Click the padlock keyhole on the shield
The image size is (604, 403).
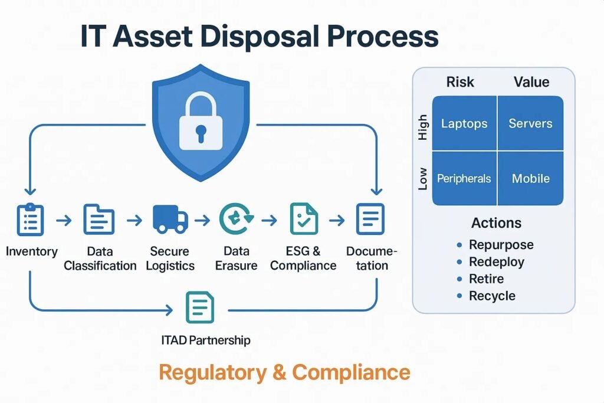point(201,133)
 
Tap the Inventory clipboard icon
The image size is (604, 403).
point(31,219)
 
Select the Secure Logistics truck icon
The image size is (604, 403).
point(170,219)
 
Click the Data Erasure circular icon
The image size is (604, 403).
point(237,219)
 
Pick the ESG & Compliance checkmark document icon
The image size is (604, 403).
point(304,219)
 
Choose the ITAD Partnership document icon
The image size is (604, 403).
point(200,307)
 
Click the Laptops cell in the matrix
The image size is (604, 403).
point(465,123)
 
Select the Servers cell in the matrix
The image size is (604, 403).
point(530,123)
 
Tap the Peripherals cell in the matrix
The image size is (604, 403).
point(465,178)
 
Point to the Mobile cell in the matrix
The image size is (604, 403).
point(530,178)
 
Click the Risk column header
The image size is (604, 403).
point(460,82)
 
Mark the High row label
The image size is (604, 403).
point(423,127)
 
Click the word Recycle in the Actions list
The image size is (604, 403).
point(492,296)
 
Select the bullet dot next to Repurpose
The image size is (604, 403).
point(459,245)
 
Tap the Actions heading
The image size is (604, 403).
point(496,223)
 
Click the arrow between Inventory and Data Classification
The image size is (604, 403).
point(64,220)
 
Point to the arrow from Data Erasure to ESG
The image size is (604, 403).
point(269,220)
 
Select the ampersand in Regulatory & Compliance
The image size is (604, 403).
point(279,372)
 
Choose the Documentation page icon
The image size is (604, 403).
point(370,219)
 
